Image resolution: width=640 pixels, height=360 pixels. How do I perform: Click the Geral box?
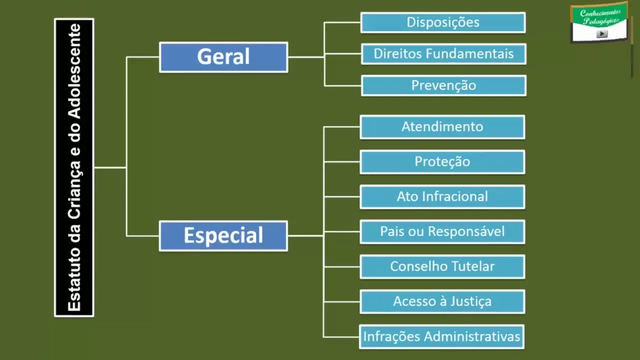pos(223,57)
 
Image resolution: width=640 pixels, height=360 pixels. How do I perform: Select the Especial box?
pos(223,235)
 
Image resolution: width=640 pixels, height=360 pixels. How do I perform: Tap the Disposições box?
pos(443,22)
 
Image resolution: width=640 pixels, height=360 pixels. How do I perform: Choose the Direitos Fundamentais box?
pos(443,54)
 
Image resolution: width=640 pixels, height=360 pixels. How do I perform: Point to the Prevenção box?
pos(443,85)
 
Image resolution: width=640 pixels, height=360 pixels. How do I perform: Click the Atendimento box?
pos(442,127)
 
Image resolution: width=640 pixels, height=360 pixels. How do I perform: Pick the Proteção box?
pos(442,162)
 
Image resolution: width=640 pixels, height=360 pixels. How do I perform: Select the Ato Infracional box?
pos(442,197)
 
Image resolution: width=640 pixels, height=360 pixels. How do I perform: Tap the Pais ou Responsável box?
pos(442,232)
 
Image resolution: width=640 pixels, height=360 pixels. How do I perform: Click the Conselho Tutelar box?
pos(442,266)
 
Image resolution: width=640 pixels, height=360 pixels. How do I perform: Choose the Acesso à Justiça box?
pos(442,301)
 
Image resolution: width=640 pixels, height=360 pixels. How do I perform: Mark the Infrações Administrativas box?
pos(442,336)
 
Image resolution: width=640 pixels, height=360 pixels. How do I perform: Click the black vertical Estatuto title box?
pos(74,167)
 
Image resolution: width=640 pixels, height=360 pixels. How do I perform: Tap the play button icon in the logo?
pos(602,34)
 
